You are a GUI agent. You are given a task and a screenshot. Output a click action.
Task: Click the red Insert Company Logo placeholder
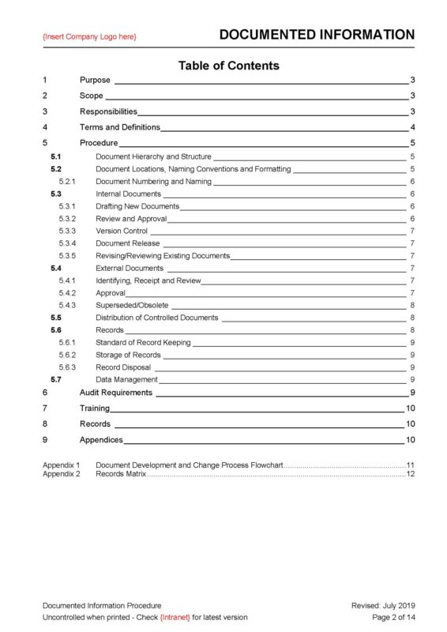pyautogui.click(x=89, y=36)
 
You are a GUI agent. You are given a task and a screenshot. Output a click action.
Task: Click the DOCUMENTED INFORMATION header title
pyautogui.click(x=316, y=35)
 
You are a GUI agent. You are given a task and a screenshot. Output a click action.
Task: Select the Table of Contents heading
pyautogui.click(x=228, y=66)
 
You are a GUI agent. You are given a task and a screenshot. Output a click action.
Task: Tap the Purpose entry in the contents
pyautogui.click(x=95, y=81)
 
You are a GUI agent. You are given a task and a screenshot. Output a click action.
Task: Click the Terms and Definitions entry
pyautogui.click(x=119, y=127)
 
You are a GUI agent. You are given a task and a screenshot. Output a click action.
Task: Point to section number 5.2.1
pyautogui.click(x=66, y=182)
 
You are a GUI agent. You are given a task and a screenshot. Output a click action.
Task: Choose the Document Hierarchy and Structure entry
pyautogui.click(x=153, y=157)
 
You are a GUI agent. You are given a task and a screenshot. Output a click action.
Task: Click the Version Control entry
pyautogui.click(x=122, y=231)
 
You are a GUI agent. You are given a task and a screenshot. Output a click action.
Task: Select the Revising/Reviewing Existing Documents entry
pyautogui.click(x=162, y=256)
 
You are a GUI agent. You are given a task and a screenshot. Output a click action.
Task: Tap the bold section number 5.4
pyautogui.click(x=56, y=269)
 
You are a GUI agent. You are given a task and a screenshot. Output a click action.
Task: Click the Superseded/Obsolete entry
pyautogui.click(x=131, y=306)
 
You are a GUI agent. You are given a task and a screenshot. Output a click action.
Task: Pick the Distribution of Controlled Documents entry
pyautogui.click(x=156, y=318)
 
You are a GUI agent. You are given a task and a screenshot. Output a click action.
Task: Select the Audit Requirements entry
pyautogui.click(x=115, y=393)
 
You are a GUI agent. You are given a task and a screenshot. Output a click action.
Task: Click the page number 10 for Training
pyautogui.click(x=410, y=408)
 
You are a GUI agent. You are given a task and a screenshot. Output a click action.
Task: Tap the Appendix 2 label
pyautogui.click(x=61, y=474)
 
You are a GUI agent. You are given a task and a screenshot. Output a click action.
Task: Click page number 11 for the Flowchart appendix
pyautogui.click(x=410, y=465)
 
